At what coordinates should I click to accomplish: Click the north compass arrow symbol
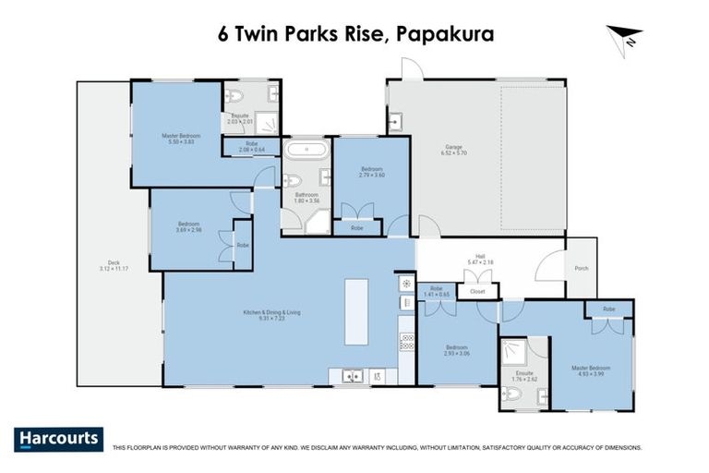[x=623, y=36]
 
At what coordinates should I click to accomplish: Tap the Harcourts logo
[x=59, y=439]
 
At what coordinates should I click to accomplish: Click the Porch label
[x=582, y=269]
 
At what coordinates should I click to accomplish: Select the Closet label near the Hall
[x=477, y=291]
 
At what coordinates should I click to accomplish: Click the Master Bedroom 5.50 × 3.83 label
[x=175, y=139]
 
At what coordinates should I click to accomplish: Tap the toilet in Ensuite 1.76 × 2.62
[x=513, y=394]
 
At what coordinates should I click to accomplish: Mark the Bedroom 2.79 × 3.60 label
[x=371, y=172]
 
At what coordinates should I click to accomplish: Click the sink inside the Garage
[x=394, y=120]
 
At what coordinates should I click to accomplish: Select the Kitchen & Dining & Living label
[x=271, y=315]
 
